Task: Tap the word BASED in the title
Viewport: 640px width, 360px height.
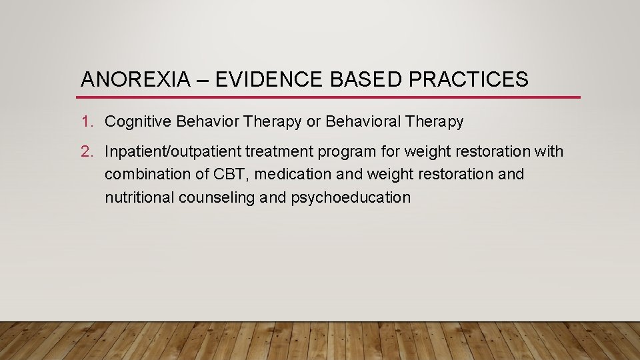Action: (x=363, y=80)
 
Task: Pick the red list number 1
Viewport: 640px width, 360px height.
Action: (x=86, y=122)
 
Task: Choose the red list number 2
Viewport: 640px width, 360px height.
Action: (x=87, y=152)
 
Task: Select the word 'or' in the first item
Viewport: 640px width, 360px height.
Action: (x=313, y=122)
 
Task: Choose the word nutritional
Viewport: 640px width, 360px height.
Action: (x=139, y=197)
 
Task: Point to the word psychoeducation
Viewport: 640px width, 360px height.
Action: (x=351, y=197)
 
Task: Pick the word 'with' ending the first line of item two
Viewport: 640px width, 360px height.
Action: (x=549, y=152)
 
